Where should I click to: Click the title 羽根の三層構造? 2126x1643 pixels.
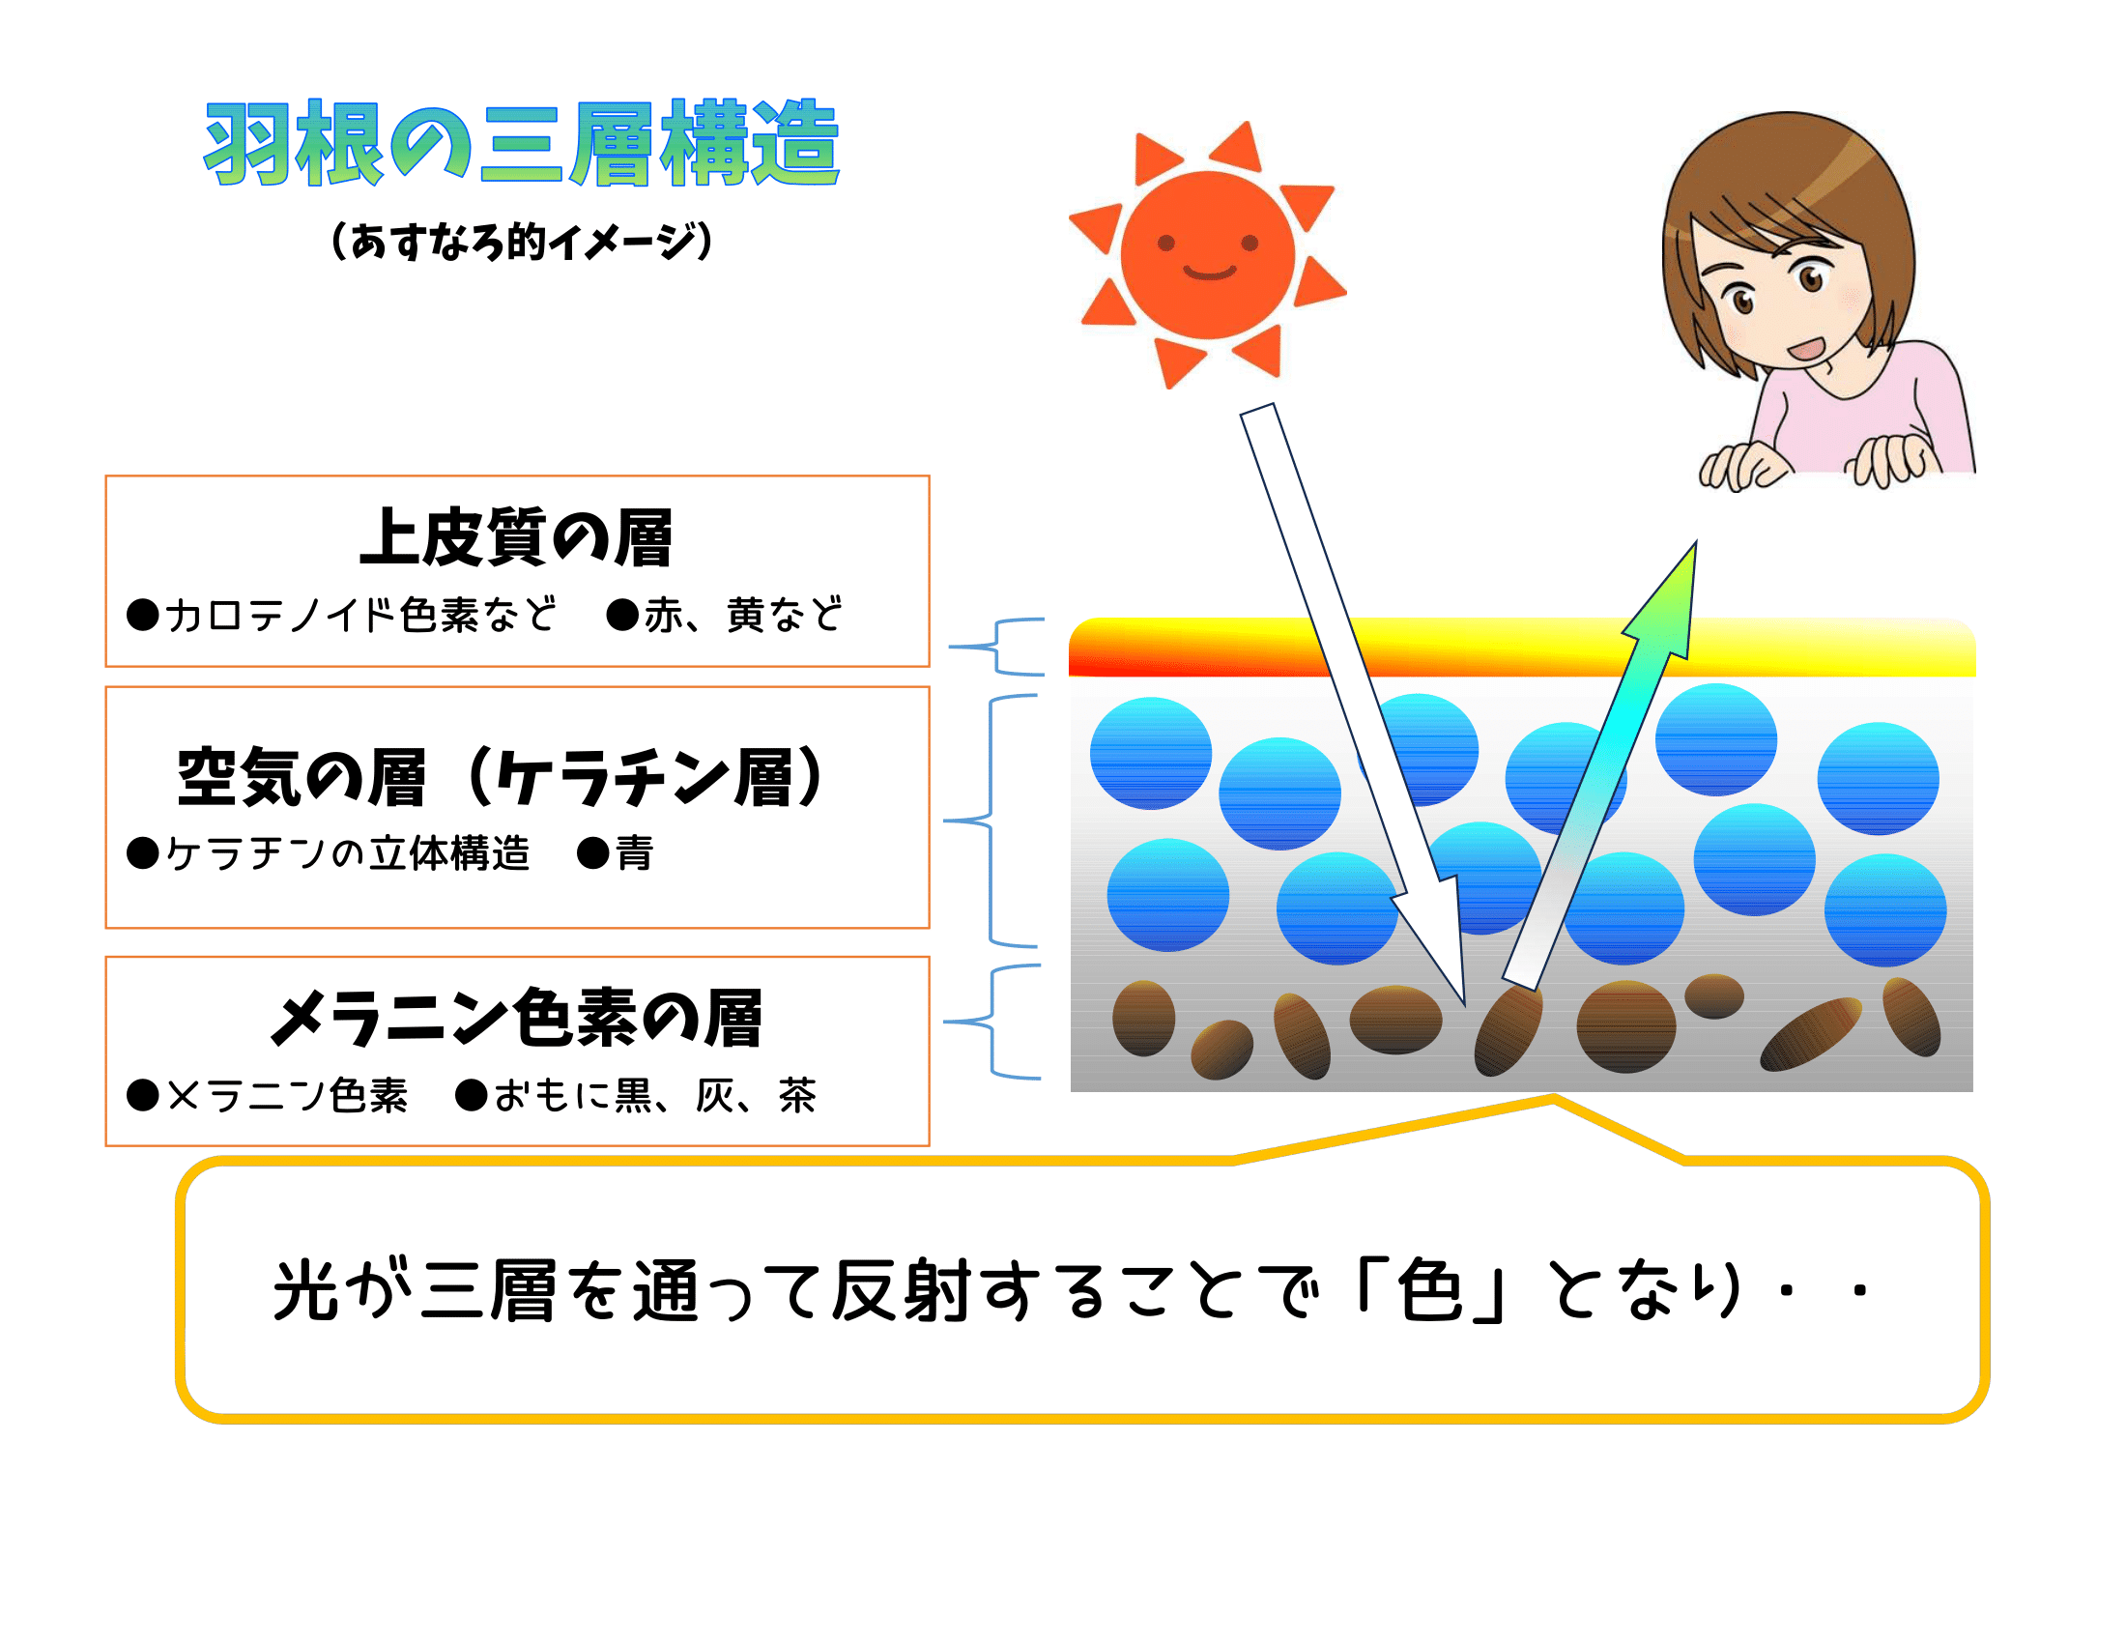click(x=522, y=143)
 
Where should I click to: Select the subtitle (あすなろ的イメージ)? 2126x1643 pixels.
click(x=522, y=242)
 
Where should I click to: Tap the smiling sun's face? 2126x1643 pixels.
click(x=1208, y=255)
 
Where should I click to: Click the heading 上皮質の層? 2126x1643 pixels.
click(x=516, y=537)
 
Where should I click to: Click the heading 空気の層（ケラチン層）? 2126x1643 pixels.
click(x=502, y=777)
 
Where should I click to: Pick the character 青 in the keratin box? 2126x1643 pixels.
click(x=635, y=853)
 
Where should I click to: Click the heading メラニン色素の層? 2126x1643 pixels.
click(x=516, y=1018)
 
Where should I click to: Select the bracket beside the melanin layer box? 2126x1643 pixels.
click(x=992, y=1022)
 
